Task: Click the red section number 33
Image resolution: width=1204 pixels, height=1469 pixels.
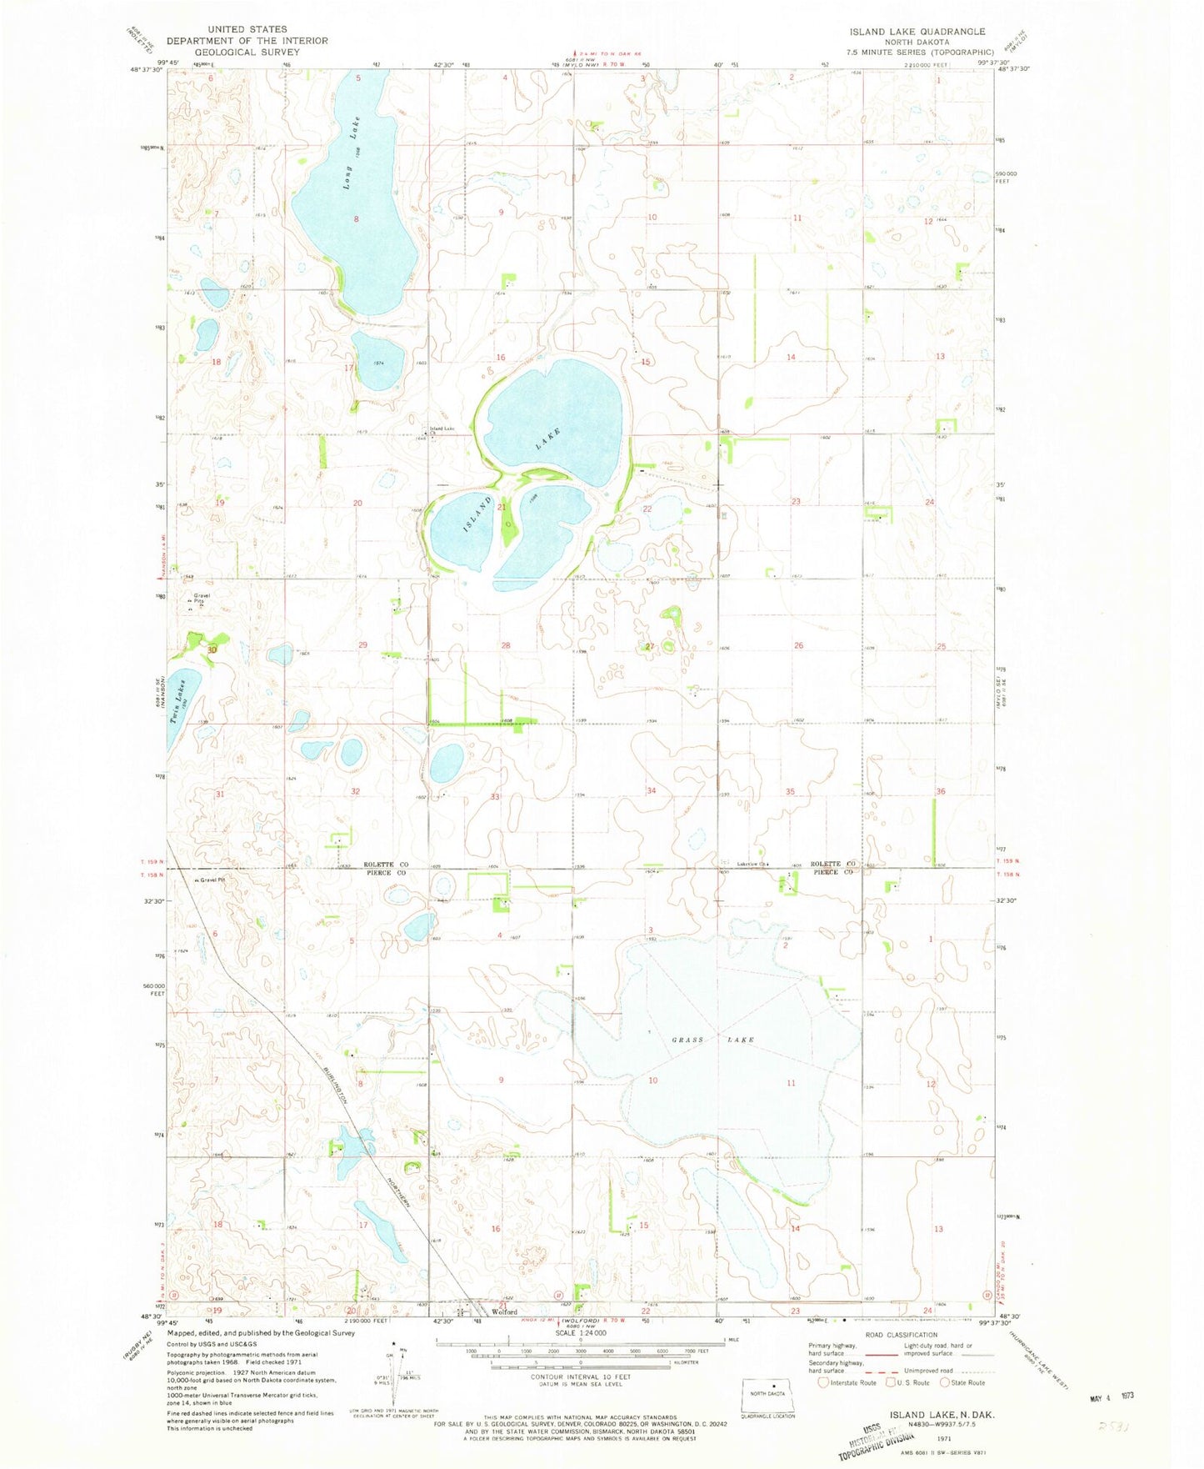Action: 495,797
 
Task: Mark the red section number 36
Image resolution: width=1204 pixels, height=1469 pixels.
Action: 940,791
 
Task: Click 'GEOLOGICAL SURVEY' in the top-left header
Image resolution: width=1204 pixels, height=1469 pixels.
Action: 247,52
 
